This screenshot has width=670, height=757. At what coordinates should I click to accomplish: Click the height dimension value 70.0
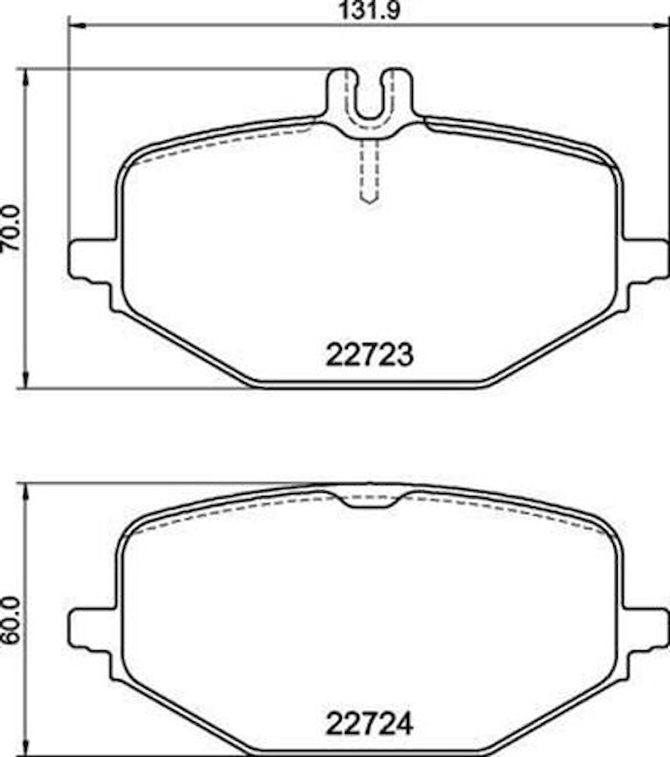[x=12, y=228]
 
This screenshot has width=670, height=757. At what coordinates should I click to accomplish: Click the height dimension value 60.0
[x=12, y=620]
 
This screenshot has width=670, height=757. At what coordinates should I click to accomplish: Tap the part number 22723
[x=369, y=356]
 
